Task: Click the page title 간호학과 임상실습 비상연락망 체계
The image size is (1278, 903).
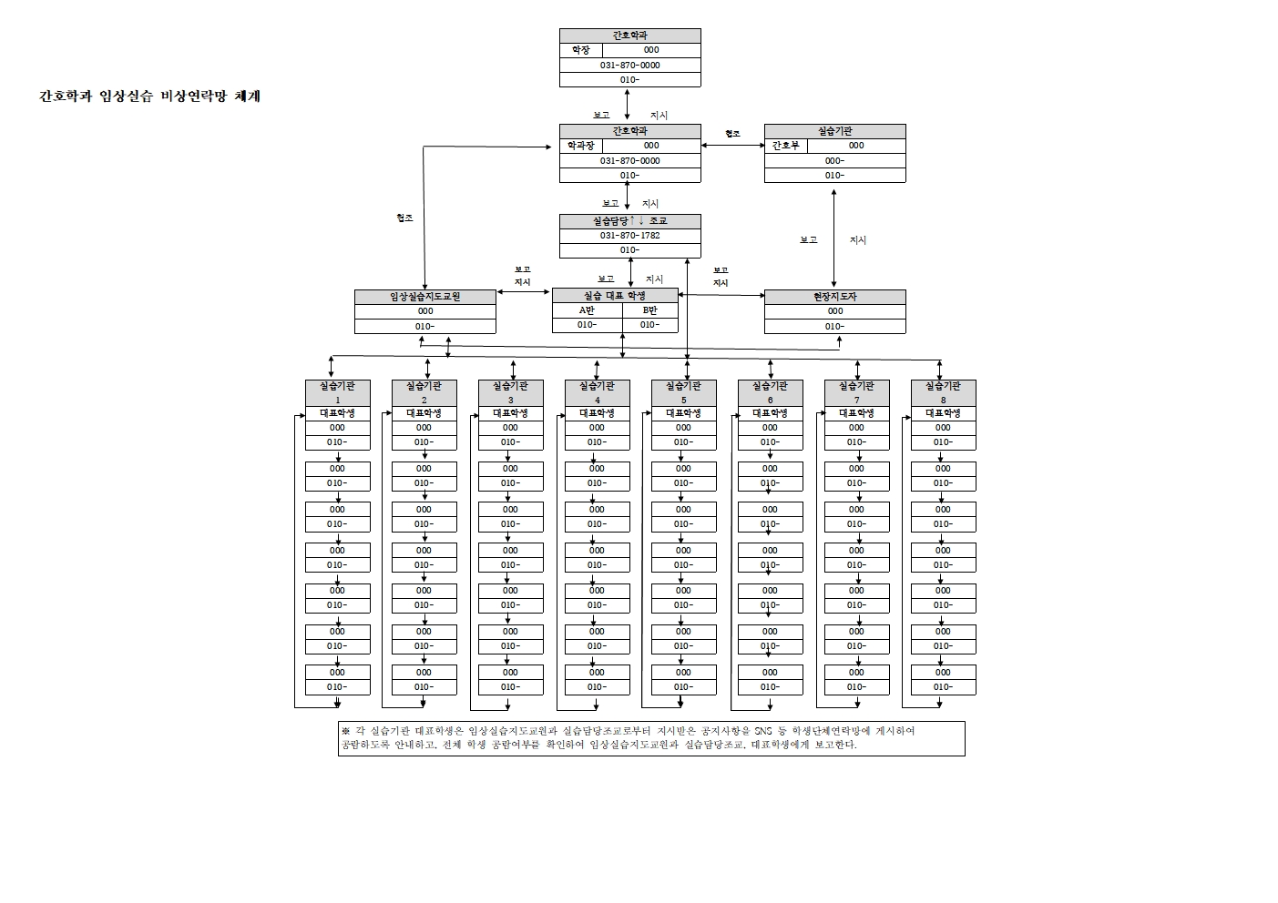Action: point(149,96)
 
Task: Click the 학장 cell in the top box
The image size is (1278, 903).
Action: point(580,50)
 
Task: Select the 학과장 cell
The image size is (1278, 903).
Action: point(580,146)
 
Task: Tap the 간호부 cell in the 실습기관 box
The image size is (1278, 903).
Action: point(785,146)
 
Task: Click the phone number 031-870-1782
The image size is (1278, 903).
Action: point(629,236)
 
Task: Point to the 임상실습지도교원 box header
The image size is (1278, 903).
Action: point(424,297)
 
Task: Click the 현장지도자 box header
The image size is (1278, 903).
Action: point(834,297)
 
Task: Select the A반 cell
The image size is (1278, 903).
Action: point(587,310)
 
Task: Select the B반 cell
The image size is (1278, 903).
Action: point(649,310)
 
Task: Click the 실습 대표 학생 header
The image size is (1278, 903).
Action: point(615,296)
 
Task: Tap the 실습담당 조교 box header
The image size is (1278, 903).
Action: point(629,221)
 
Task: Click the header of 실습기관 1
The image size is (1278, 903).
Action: point(337,392)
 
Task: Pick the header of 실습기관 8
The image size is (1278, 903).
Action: point(943,392)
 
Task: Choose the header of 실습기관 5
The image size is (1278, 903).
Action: point(683,392)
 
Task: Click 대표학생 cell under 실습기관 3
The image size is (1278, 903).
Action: point(510,413)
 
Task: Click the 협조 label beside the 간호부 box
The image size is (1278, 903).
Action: point(732,134)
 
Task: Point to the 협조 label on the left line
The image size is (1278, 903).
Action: point(404,218)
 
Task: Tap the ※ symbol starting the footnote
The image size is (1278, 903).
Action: point(345,731)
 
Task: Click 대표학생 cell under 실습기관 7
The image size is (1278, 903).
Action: point(856,413)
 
